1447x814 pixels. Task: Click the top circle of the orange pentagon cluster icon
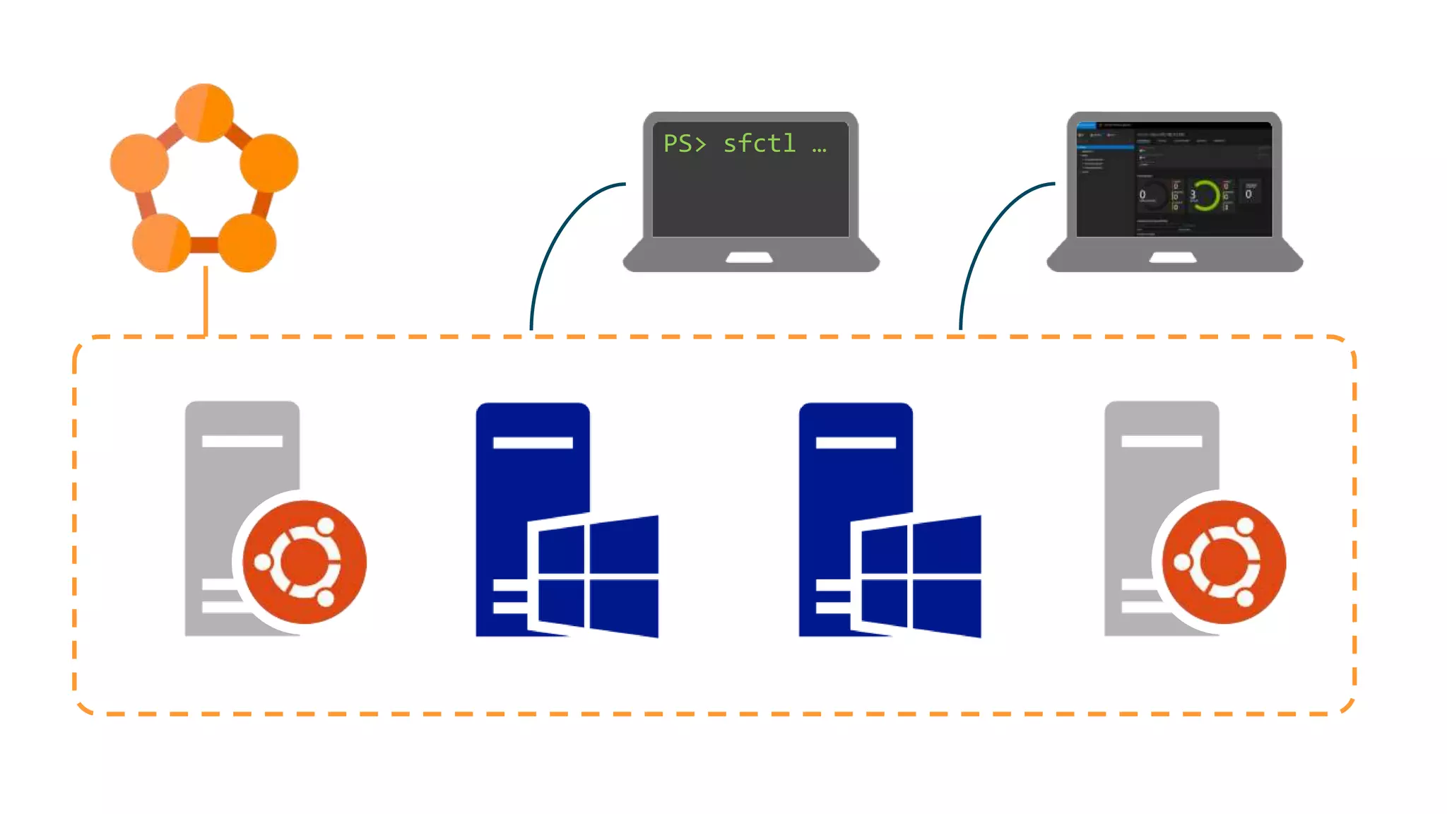[x=204, y=113]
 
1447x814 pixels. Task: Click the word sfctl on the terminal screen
[x=760, y=143]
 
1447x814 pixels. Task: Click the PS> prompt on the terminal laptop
[x=684, y=143]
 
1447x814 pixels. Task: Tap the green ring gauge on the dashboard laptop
[x=1206, y=195]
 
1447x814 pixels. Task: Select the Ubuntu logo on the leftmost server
[x=305, y=562]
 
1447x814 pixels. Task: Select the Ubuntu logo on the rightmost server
[x=1224, y=562]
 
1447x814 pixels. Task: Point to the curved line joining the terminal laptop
[x=558, y=233]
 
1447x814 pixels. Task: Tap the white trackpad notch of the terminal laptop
[x=750, y=257]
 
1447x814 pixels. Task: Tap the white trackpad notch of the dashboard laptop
[x=1173, y=257]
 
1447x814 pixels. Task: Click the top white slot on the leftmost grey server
[x=242, y=442]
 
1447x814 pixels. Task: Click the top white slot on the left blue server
[x=533, y=443]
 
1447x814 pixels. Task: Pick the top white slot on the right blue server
[x=856, y=443]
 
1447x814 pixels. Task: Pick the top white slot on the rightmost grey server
[x=1162, y=442]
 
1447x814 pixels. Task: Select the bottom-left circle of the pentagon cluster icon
[x=162, y=242]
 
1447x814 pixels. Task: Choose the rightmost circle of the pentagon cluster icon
[x=269, y=163]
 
